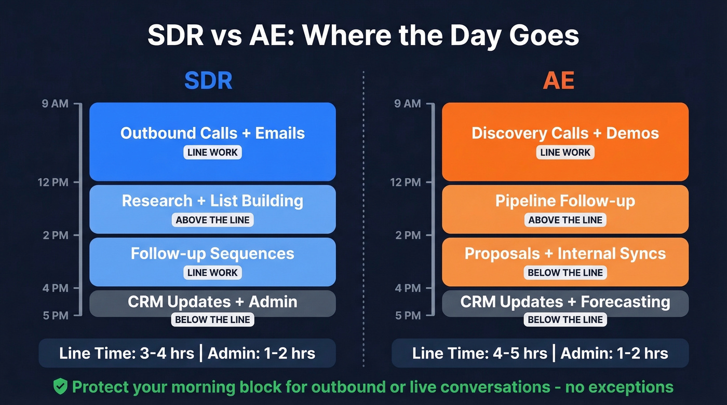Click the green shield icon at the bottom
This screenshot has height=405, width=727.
61,386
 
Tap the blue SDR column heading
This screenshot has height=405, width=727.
208,81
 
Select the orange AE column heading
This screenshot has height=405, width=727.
558,81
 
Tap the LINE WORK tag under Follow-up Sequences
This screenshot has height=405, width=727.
212,273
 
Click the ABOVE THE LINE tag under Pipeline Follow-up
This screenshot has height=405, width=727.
565,220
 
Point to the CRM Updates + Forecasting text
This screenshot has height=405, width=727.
565,302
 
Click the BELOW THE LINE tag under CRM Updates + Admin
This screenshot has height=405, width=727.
212,319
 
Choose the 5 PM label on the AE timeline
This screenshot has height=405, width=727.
408,315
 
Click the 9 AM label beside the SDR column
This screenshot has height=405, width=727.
55,104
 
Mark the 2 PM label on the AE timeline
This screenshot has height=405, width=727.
408,235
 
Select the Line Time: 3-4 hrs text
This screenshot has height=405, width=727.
126,354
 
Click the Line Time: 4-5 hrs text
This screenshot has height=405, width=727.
479,354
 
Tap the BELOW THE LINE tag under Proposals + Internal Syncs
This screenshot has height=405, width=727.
565,273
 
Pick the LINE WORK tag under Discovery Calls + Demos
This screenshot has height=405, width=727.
565,152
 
